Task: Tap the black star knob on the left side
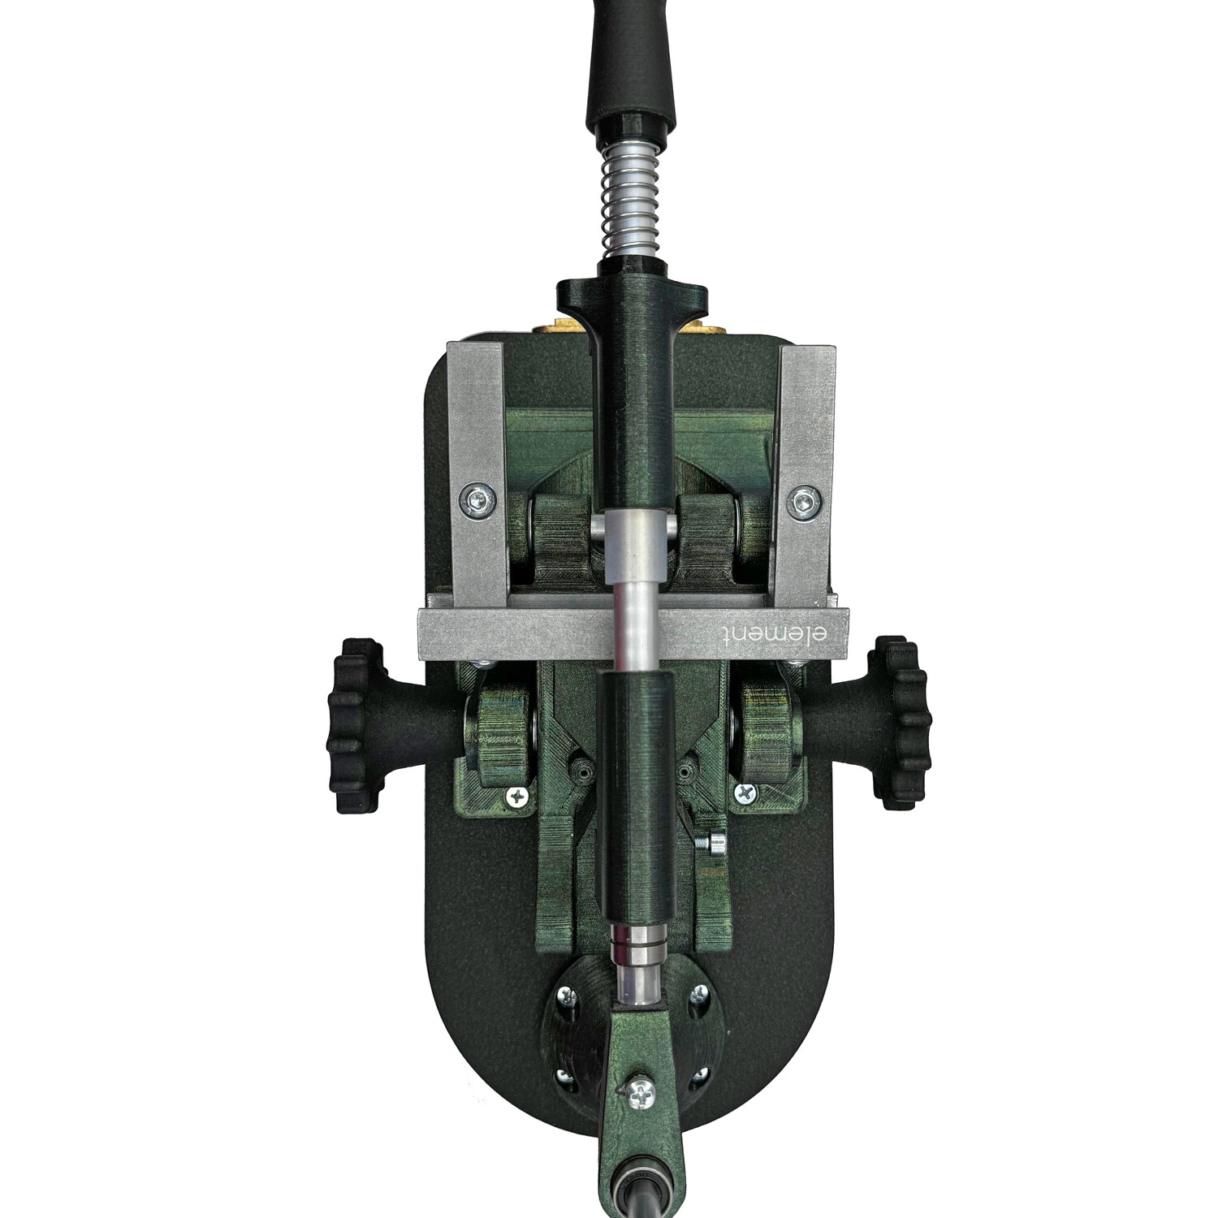(x=354, y=725)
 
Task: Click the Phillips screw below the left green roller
(x=516, y=797)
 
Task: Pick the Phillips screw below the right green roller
(x=746, y=793)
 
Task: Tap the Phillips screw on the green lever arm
(x=641, y=1094)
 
